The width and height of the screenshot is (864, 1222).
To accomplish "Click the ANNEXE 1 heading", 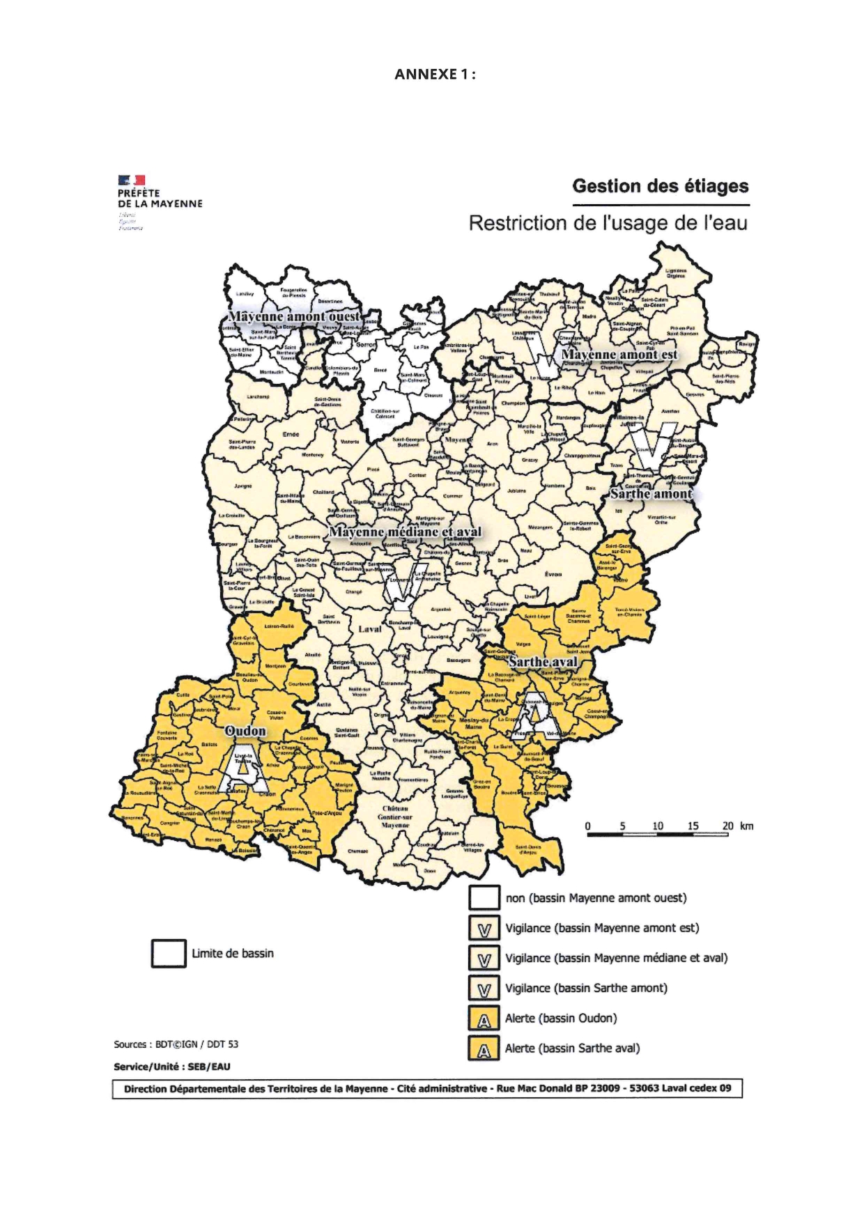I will pos(435,75).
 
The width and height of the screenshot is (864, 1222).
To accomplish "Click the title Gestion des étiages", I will pos(660,187).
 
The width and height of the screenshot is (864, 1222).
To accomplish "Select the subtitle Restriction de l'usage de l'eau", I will pos(608,224).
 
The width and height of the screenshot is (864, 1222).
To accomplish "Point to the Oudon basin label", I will pos(245,731).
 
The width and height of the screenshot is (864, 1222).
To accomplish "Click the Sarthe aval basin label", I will pos(543,662).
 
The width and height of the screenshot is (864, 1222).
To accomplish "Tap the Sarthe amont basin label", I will pos(651,494).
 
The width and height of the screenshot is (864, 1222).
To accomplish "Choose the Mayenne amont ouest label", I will pos(294,317).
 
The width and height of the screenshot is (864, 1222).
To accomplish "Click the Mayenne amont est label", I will pos(619,355).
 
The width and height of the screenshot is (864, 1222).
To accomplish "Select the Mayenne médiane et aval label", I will pos(405,532).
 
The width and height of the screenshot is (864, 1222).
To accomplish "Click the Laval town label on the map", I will pos(370,629).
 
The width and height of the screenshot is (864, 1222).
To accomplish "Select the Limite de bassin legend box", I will pos(169,954).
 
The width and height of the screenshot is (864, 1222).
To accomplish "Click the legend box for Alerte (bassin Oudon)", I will pos(484,1019).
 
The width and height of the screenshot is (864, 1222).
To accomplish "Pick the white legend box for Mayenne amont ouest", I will pos(484,898).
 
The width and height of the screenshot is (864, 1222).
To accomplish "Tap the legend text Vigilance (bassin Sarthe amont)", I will pos(585,989).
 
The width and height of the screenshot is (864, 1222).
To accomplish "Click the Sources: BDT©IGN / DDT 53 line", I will pos(176,1044).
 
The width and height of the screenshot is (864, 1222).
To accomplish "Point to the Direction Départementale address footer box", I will pos(427,1089).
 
